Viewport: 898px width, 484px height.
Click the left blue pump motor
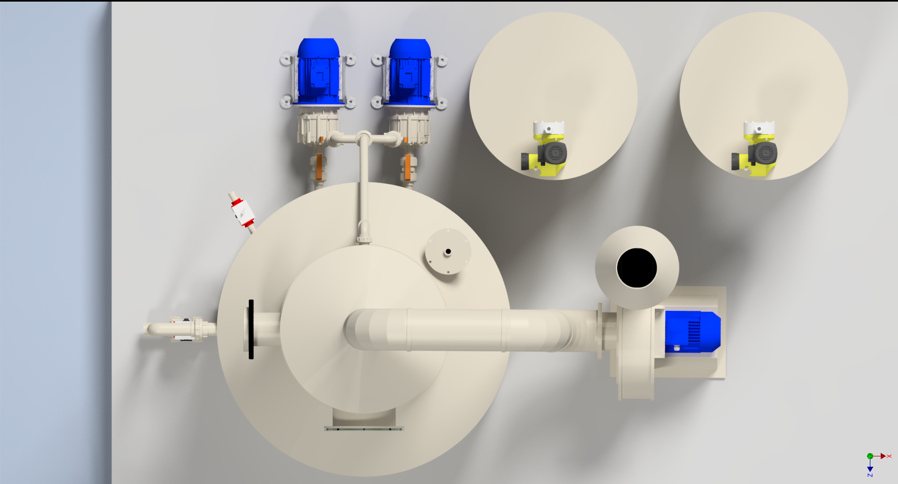318,71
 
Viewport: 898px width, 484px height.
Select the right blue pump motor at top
410,71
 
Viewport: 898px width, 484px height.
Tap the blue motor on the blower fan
693,332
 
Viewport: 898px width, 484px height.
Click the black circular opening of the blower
637,268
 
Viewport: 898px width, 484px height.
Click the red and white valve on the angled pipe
242,212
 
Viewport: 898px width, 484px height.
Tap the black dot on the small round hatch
448,252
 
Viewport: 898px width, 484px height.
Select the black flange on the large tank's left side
251,329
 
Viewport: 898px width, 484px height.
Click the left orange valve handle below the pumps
319,167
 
